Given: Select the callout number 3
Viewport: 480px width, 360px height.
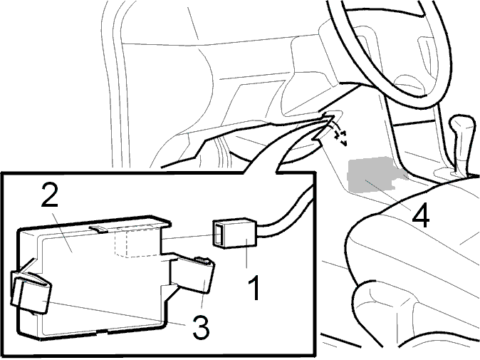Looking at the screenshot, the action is coord(201,328).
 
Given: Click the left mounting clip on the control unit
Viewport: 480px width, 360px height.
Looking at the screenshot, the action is coord(31,292).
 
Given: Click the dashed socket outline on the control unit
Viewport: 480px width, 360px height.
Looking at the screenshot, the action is coord(137,243).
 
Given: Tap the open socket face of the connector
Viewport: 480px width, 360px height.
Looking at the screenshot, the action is coord(218,233).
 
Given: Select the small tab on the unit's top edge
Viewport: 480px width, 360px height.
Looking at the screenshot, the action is coord(98,229).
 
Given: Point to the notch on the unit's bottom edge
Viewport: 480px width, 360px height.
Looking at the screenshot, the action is coord(102,331).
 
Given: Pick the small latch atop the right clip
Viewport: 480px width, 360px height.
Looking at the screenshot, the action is coord(204,260).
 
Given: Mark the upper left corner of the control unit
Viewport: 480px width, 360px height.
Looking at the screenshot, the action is coord(21,229).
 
